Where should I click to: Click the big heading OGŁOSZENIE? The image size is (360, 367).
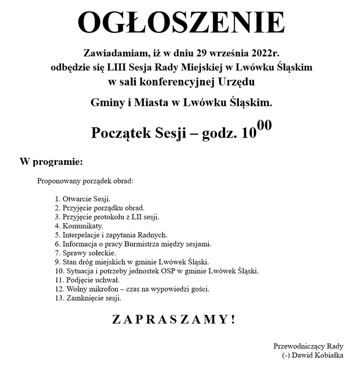(x=181, y=22)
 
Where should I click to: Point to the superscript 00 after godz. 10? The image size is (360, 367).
(x=264, y=126)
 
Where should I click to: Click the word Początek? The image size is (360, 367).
(x=121, y=133)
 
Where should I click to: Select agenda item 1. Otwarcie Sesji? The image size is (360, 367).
(x=83, y=198)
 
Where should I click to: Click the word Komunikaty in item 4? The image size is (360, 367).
(x=83, y=226)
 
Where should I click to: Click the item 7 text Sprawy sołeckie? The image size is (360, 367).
(x=89, y=253)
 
